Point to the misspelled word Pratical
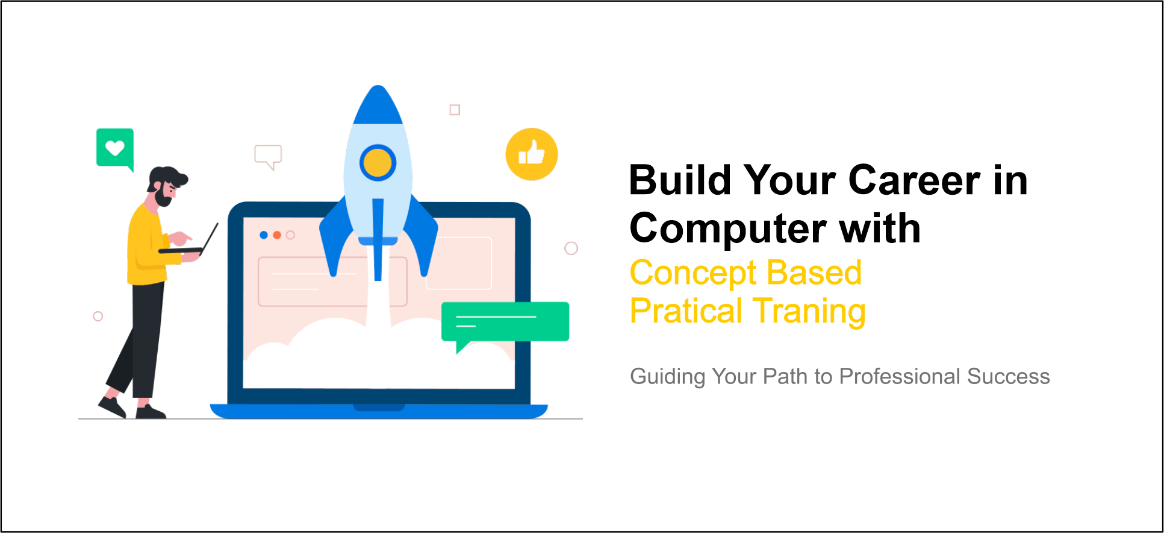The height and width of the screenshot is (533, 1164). coord(686,311)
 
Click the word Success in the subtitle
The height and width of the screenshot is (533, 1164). coord(1009,377)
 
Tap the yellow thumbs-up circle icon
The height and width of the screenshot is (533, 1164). coord(531,154)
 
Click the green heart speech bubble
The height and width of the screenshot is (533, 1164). coord(115,148)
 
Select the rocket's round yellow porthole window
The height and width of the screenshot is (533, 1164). coord(378,163)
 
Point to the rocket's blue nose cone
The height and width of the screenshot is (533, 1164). coord(378,104)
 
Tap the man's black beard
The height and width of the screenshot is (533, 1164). coord(163,197)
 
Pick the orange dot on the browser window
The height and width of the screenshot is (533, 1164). coord(277,235)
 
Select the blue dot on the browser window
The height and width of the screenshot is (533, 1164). coord(264,235)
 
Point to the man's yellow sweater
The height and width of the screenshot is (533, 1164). coord(146,247)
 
